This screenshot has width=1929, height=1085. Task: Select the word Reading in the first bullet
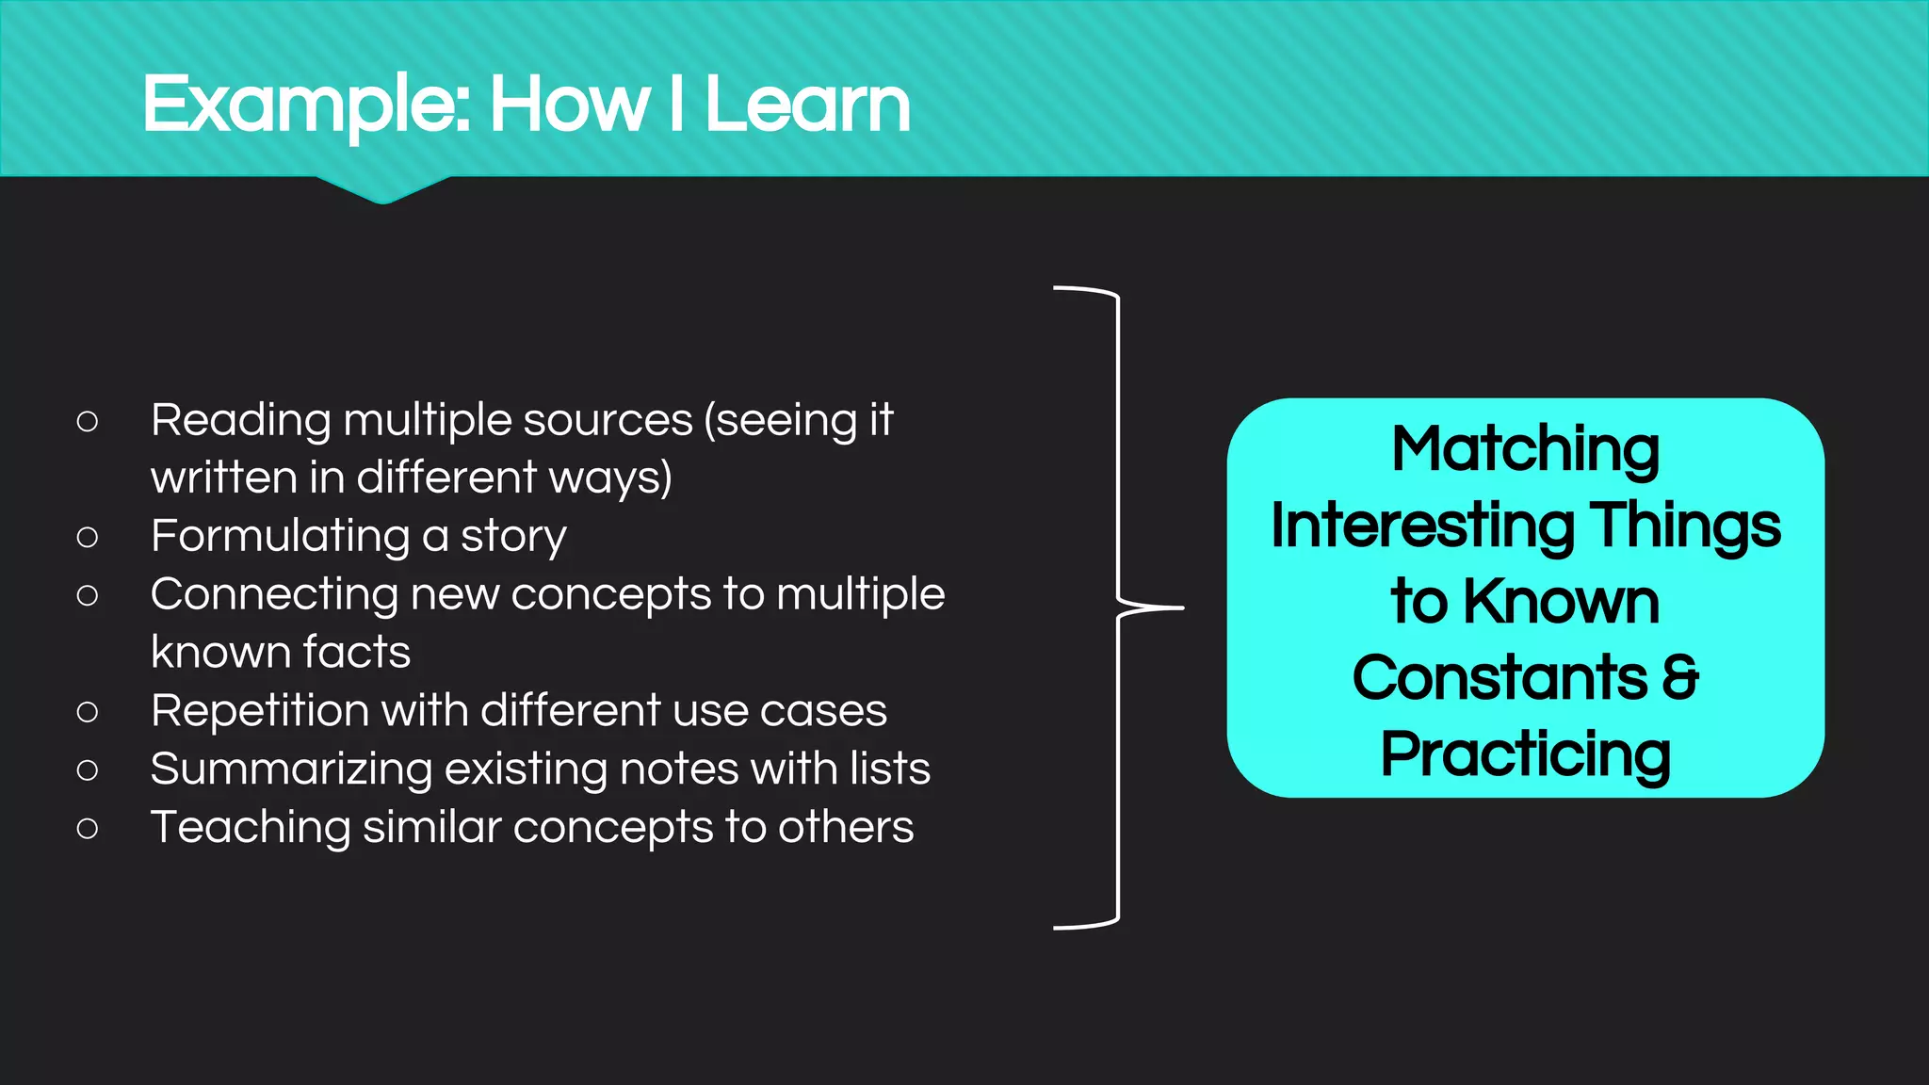click(x=240, y=421)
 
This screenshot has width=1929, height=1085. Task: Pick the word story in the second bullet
click(x=513, y=537)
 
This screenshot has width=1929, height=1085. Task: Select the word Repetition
click(x=259, y=710)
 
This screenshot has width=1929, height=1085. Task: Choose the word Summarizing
click(x=291, y=769)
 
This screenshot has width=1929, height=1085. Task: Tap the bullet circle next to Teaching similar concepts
click(x=88, y=829)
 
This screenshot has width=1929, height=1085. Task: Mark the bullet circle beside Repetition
click(x=88, y=712)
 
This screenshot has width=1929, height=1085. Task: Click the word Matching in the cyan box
click(x=1525, y=449)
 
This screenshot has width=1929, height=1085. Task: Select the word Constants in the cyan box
click(x=1499, y=677)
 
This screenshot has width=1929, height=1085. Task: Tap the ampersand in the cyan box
click(x=1680, y=677)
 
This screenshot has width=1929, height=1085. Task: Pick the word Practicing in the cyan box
click(x=1525, y=754)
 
